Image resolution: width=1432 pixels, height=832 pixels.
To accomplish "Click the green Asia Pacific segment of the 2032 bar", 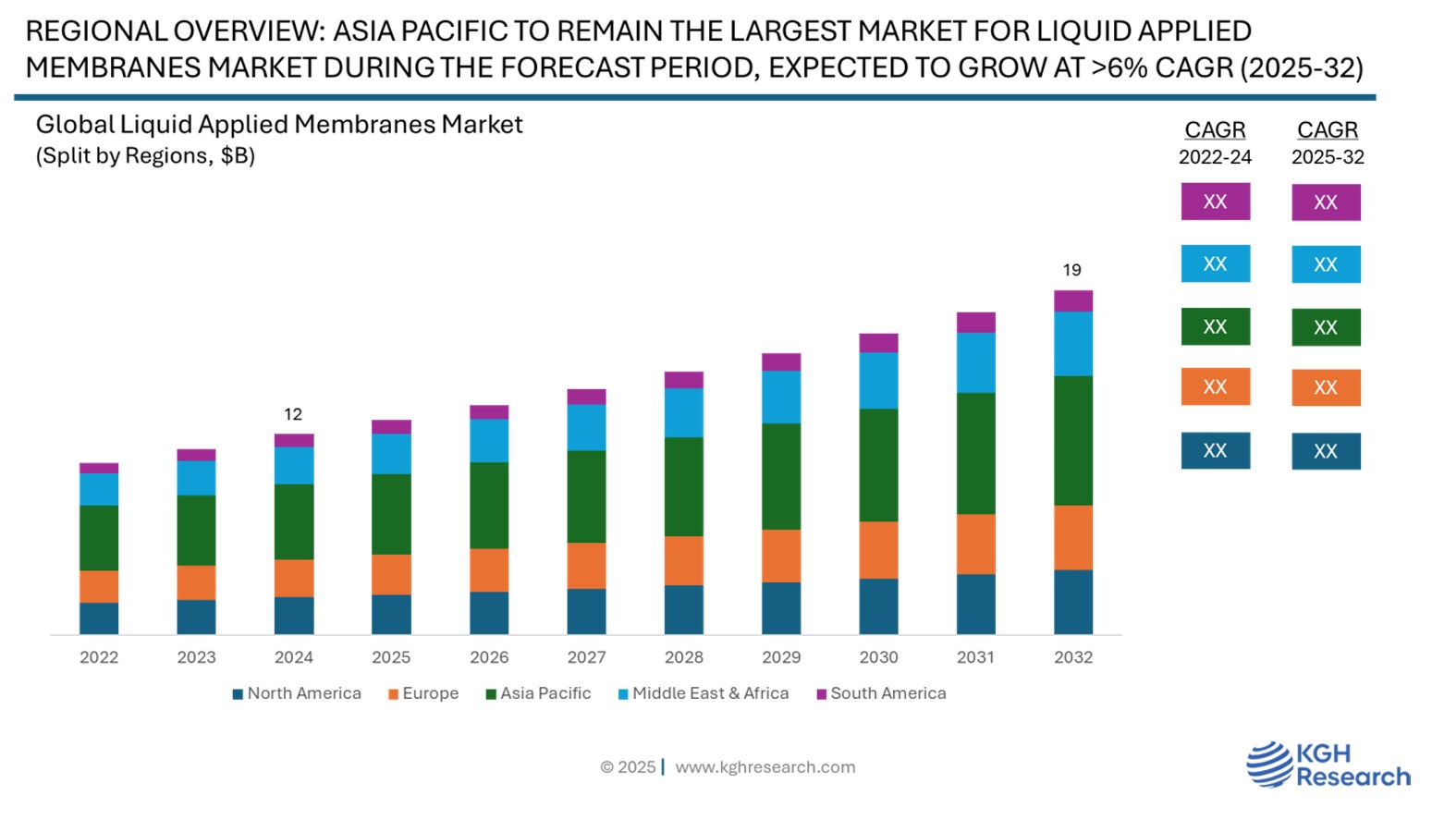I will tap(1072, 440).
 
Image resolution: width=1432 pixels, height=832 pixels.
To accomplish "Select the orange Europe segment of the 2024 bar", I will tap(294, 578).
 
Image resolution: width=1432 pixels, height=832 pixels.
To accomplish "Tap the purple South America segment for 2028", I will tap(683, 380).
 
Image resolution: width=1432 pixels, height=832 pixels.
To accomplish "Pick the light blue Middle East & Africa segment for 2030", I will tap(878, 380).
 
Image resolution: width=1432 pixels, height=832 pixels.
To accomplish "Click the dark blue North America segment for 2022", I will tap(99, 618).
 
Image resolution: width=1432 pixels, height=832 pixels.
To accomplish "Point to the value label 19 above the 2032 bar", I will tap(1071, 270).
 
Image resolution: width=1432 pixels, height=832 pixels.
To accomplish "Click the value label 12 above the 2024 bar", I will tap(293, 414).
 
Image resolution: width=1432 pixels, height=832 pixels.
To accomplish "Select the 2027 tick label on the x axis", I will tap(586, 657).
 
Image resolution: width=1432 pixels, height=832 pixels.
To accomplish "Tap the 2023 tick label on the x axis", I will tap(196, 657).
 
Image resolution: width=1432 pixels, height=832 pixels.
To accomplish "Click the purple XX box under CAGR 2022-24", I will tap(1215, 202).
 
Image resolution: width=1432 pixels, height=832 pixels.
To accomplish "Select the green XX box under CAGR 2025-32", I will tap(1326, 327).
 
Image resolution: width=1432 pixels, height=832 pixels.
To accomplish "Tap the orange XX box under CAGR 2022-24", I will tap(1215, 386).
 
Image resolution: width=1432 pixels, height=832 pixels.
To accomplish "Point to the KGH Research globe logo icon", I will tap(1268, 765).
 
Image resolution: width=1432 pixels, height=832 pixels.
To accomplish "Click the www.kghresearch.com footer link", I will tap(765, 767).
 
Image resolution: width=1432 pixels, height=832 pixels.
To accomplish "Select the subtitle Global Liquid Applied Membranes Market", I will tap(279, 125).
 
